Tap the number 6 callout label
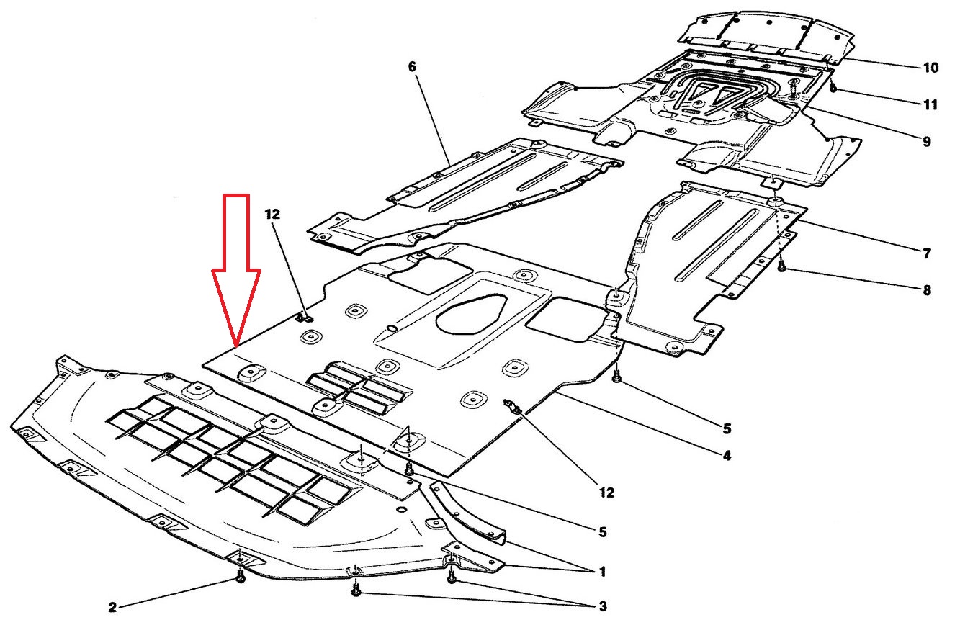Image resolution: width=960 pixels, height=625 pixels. [412, 67]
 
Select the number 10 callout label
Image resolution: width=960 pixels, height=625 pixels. [930, 68]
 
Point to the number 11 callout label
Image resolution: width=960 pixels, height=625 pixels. [930, 105]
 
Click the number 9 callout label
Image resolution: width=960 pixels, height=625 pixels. [925, 142]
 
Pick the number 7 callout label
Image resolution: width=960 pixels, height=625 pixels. [927, 253]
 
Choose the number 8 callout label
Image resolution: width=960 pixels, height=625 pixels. [926, 291]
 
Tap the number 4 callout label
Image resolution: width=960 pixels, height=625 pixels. [727, 456]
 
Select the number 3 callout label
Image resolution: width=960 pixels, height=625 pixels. [602, 607]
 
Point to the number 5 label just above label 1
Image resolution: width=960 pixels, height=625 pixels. [602, 533]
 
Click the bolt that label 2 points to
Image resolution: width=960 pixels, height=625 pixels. [241, 578]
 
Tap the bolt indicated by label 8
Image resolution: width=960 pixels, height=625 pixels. [781, 268]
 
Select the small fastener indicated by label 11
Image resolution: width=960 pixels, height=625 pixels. [833, 89]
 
